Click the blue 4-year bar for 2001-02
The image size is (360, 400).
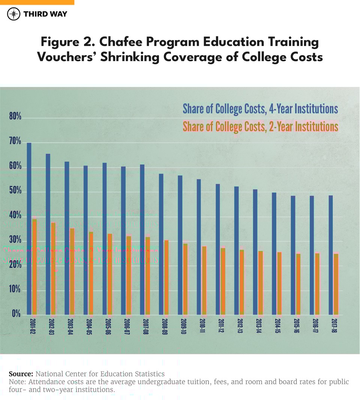coord(29,228)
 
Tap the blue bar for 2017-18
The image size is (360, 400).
coord(331,255)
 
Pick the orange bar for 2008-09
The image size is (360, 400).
coord(166,277)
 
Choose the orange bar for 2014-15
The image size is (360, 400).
coord(279,283)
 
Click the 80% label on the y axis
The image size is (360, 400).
coord(15,117)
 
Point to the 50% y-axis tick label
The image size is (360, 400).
coord(15,192)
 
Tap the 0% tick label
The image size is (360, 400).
coord(16,314)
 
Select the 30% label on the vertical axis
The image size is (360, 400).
coord(15,241)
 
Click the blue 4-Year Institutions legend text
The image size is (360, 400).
coord(260,109)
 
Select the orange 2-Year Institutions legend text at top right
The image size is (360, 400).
coord(260,127)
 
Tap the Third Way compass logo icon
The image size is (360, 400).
coord(13,14)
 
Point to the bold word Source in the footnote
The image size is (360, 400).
coord(21,374)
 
